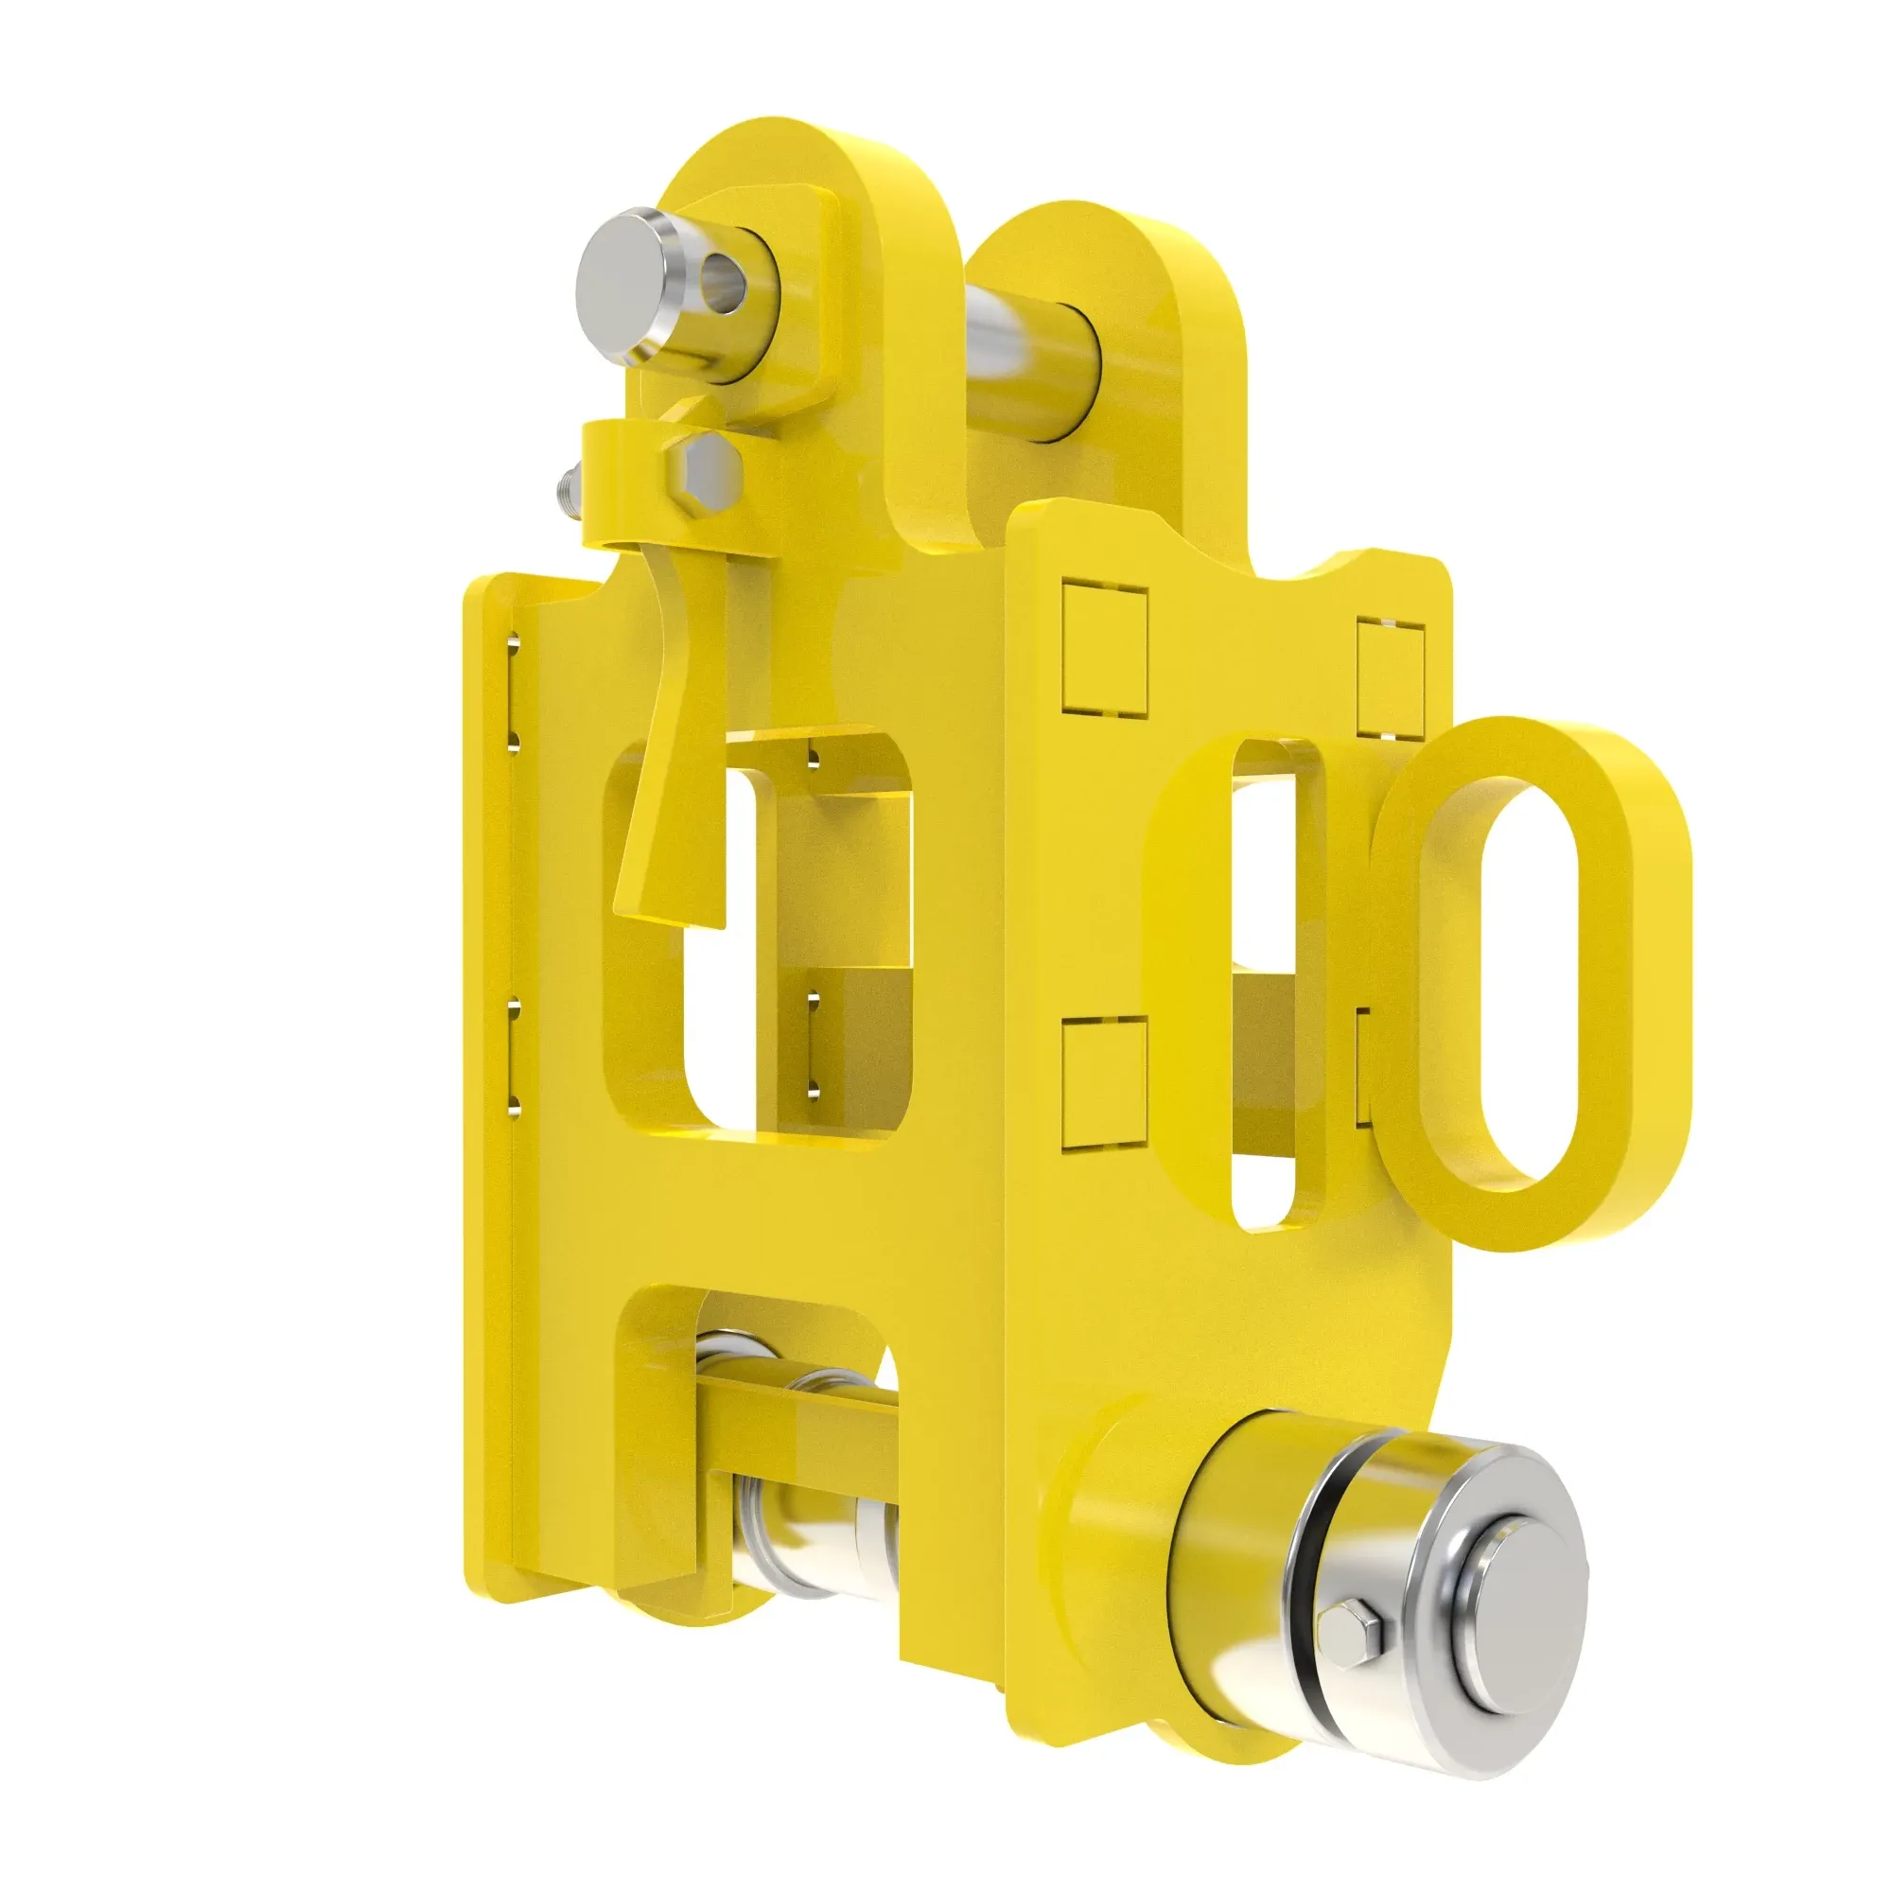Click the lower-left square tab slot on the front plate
(1104, 1081)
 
